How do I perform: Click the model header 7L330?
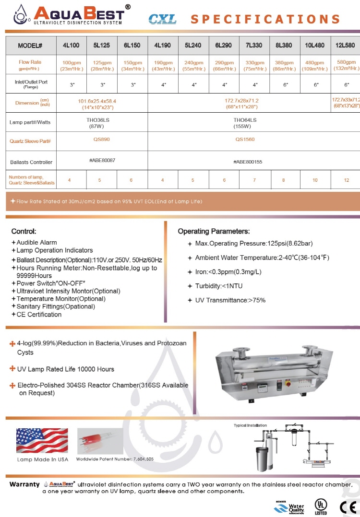tap(254, 46)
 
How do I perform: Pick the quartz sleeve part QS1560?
tap(245, 140)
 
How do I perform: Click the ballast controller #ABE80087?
tap(102, 160)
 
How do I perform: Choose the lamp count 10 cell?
tap(315, 180)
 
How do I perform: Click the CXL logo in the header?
tap(162, 19)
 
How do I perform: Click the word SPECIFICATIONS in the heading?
tap(265, 19)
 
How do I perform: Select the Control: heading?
tap(24, 231)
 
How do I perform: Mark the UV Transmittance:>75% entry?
tap(230, 300)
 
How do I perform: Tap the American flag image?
tap(42, 441)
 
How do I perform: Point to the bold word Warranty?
tap(24, 484)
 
